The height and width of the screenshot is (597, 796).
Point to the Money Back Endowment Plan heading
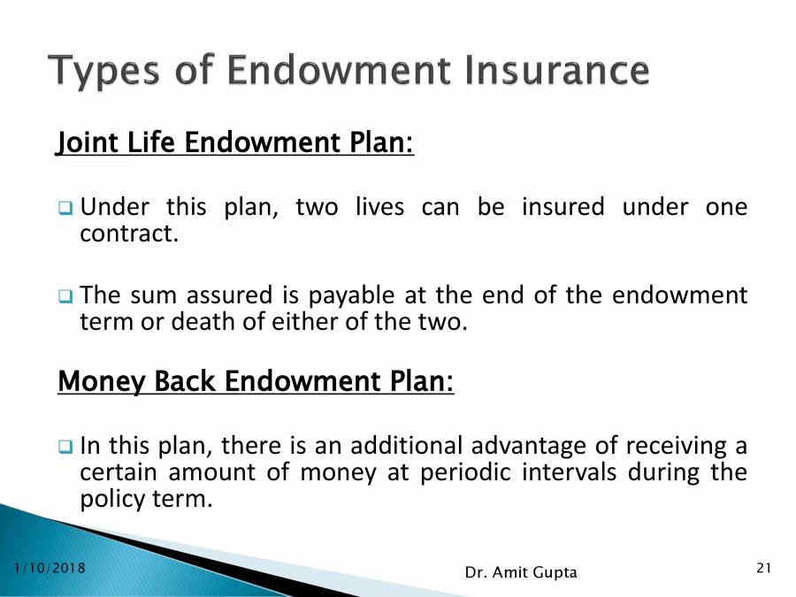point(256,381)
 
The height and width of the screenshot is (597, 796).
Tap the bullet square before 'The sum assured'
point(65,295)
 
